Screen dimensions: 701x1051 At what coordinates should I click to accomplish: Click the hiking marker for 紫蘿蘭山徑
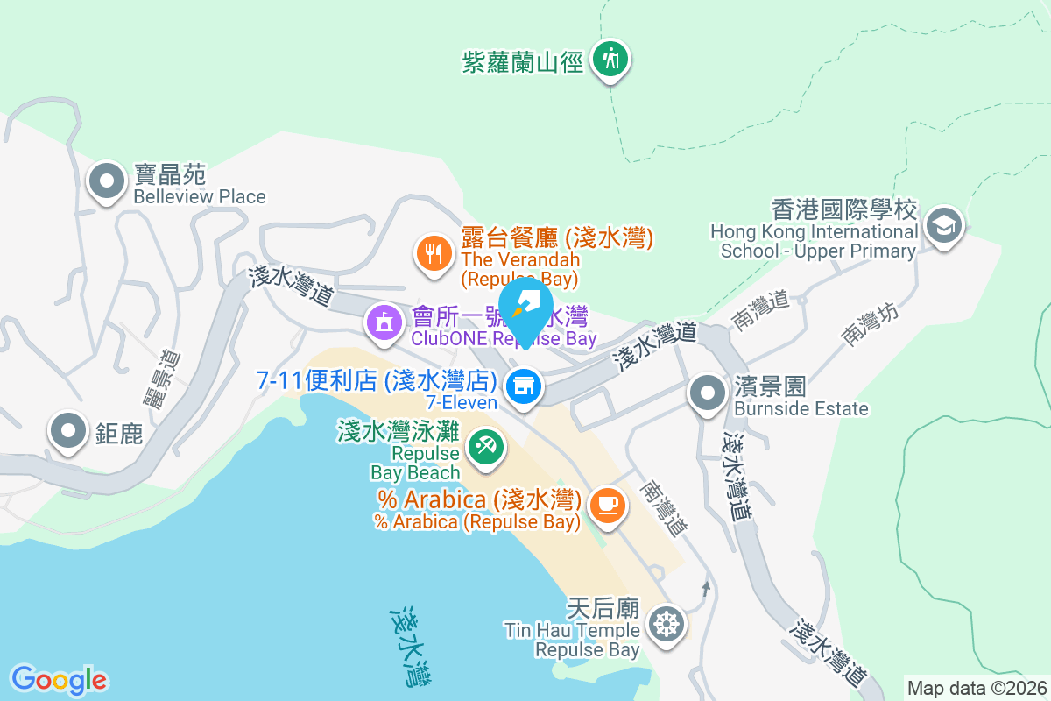point(610,60)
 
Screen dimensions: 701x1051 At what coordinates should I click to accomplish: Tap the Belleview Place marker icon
point(108,181)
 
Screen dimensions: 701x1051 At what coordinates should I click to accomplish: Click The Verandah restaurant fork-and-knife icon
point(433,254)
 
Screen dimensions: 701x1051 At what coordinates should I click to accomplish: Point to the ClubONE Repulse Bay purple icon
point(383,322)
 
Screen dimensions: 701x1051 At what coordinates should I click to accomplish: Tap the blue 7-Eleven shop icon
point(524,386)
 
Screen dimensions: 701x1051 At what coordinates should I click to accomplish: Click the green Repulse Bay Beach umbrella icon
point(483,446)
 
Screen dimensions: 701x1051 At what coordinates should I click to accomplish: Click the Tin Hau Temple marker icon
point(667,625)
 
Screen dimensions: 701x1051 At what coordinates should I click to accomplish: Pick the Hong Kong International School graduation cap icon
point(943,225)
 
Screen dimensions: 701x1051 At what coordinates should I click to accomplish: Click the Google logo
point(60,680)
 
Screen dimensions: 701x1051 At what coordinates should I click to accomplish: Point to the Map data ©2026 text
point(977,688)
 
